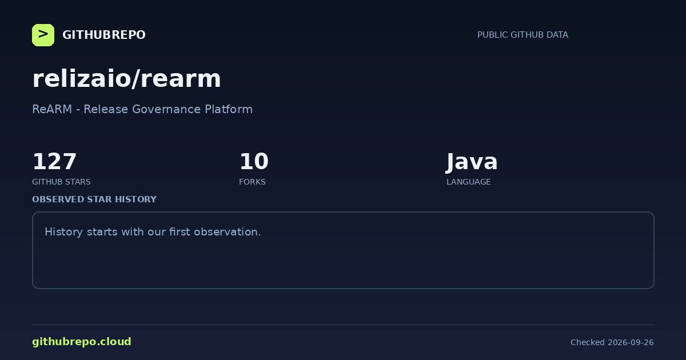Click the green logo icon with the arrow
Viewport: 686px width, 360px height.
(x=43, y=35)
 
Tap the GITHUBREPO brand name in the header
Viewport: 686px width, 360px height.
(x=104, y=35)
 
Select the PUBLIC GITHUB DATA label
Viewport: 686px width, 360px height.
(x=523, y=35)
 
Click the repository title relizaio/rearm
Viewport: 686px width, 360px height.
(x=126, y=79)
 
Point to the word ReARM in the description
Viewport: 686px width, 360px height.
(x=52, y=109)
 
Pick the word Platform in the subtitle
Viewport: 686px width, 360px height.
(x=229, y=109)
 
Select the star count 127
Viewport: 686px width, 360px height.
(x=54, y=161)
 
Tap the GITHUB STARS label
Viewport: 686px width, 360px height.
(x=61, y=182)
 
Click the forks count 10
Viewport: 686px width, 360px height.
(x=254, y=161)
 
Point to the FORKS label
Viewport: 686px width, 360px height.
(x=252, y=182)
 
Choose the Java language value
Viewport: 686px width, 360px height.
(x=472, y=162)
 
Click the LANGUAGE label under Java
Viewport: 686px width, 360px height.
(x=469, y=182)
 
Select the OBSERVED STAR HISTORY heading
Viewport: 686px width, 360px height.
(x=94, y=199)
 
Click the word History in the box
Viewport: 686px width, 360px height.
(x=63, y=232)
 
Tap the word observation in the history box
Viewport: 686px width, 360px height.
(x=228, y=232)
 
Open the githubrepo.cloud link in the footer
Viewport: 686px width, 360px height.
(x=82, y=342)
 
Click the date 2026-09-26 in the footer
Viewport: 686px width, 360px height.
(x=631, y=342)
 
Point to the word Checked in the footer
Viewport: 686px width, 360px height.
(x=588, y=342)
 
